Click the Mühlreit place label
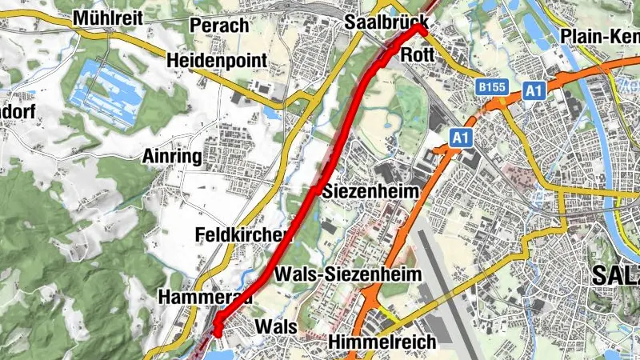click(107, 18)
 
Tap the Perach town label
click(219, 25)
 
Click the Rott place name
click(418, 54)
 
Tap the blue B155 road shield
click(491, 86)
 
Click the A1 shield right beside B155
click(534, 91)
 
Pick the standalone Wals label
click(275, 327)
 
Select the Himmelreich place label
click(382, 342)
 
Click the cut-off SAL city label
click(616, 276)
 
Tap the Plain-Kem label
click(600, 36)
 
